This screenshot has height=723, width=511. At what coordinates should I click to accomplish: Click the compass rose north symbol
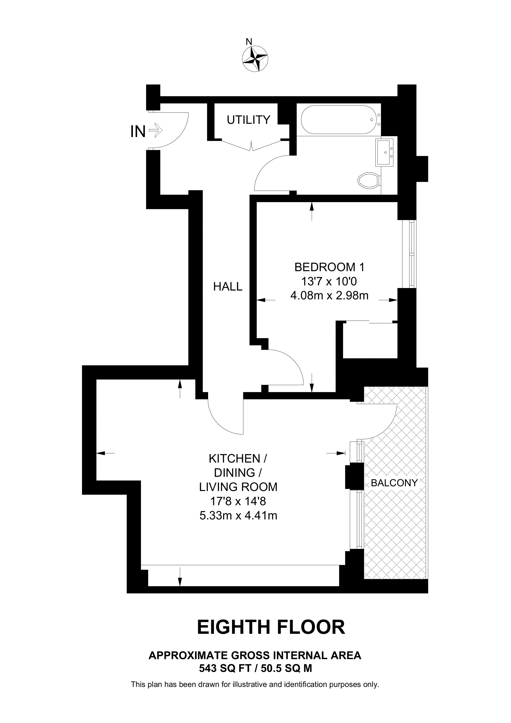pyautogui.click(x=255, y=59)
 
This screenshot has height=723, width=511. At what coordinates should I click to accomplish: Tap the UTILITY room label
pyautogui.click(x=249, y=120)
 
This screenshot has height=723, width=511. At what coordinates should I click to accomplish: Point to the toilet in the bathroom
pyautogui.click(x=368, y=180)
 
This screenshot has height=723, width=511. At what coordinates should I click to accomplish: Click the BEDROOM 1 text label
pyautogui.click(x=329, y=267)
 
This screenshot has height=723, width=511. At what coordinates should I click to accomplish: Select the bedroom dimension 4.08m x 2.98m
pyautogui.click(x=329, y=296)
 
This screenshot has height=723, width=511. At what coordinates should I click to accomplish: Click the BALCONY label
pyautogui.click(x=394, y=483)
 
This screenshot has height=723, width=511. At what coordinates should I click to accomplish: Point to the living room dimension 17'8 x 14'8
pyautogui.click(x=238, y=501)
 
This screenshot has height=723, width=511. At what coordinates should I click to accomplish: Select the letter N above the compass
pyautogui.click(x=249, y=41)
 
